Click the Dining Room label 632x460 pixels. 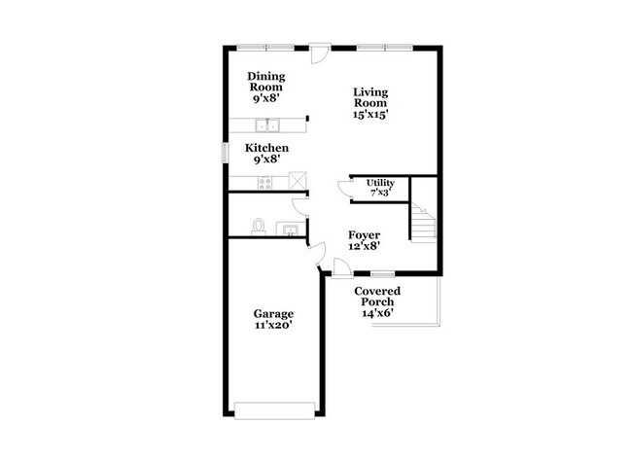tap(266, 82)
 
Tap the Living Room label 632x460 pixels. tap(370, 96)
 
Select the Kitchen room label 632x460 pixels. tap(266, 148)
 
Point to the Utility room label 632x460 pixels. tap(380, 183)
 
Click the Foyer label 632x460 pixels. tap(365, 235)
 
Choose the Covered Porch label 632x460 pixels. tap(376, 297)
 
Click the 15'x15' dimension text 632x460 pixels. tap(370, 114)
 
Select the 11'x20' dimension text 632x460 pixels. tap(273, 325)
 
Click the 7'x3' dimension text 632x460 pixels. tap(380, 194)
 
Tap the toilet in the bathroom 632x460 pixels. tap(258, 227)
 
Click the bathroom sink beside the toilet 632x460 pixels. tap(289, 230)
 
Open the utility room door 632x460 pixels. tap(344, 189)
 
